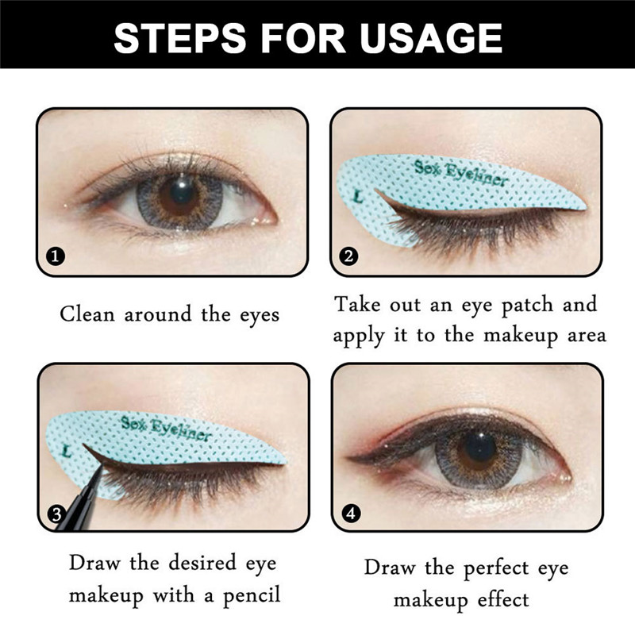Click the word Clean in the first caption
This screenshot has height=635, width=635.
tap(86, 314)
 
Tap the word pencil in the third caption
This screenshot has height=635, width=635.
tap(246, 595)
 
